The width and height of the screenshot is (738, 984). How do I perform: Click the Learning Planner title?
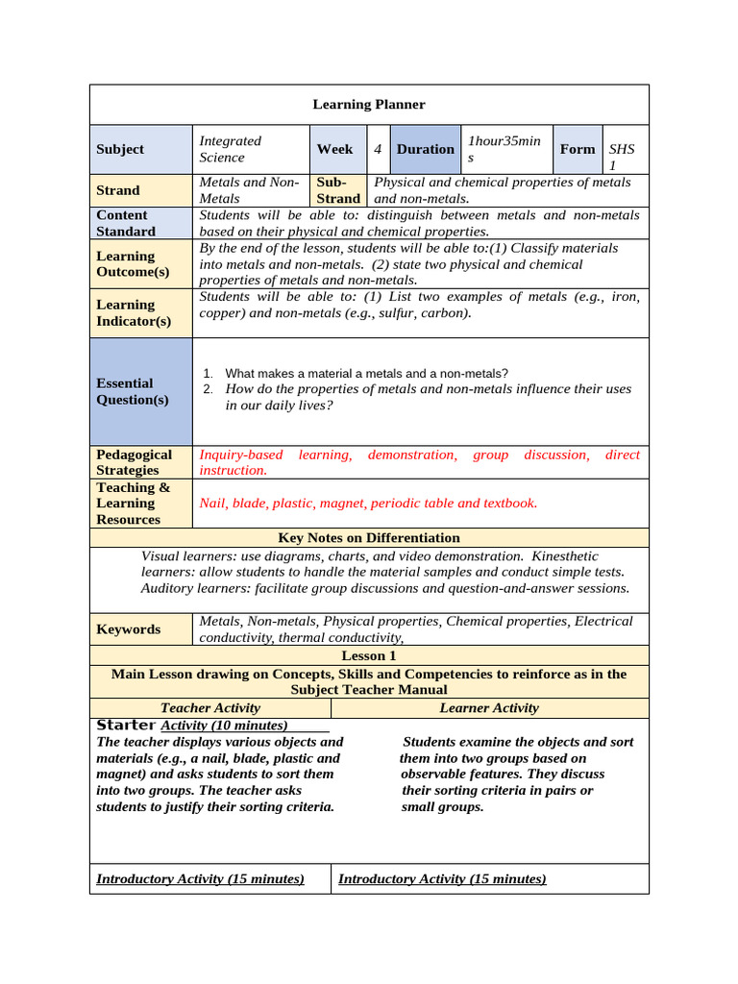point(369,105)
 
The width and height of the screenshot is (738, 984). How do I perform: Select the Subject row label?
point(120,149)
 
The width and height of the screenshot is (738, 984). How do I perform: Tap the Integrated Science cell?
point(230,149)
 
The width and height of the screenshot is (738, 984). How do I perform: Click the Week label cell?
point(334,149)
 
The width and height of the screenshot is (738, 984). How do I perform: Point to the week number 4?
point(379,149)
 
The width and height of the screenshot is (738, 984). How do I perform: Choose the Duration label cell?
point(425,149)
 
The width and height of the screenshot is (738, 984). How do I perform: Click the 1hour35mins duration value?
point(504,149)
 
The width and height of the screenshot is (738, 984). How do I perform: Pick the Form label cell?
point(578,149)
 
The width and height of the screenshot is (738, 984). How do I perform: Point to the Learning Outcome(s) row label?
point(133,263)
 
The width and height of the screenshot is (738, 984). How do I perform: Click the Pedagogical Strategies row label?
point(134,462)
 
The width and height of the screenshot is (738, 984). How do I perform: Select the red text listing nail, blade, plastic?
point(368,503)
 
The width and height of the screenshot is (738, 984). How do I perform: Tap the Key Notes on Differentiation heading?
point(369,538)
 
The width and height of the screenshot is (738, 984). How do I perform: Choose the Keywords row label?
point(129,629)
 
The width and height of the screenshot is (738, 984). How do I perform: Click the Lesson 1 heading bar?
point(369,655)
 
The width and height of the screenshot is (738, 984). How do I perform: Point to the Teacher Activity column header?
point(209,708)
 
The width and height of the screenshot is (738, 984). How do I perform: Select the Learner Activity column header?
point(489,708)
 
